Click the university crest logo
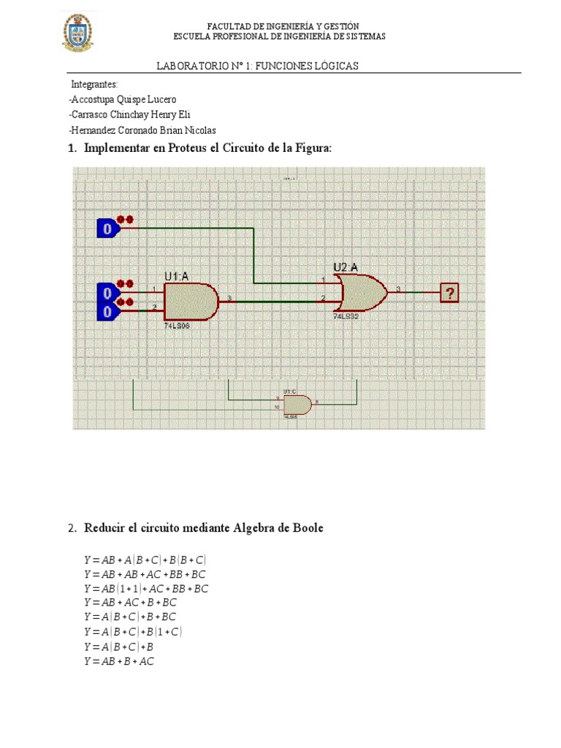click(77, 31)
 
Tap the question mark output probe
click(450, 294)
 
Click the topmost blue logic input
click(107, 229)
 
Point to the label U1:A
click(178, 276)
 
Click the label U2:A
click(346, 267)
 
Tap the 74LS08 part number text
click(178, 325)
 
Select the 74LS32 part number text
click(346, 317)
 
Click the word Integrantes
click(94, 84)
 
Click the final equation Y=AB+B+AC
click(119, 662)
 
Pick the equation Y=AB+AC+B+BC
click(130, 603)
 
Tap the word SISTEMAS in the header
click(363, 37)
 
